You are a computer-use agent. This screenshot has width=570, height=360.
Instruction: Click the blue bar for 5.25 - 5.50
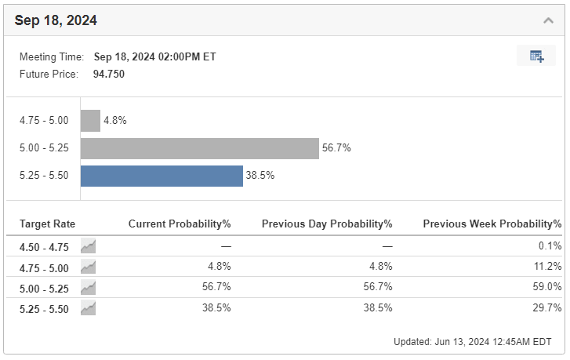(162, 176)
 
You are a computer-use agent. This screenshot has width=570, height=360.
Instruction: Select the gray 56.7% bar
(200, 148)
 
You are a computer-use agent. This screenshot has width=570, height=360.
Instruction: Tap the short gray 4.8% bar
(90, 121)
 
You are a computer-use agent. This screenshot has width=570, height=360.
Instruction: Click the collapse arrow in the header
(548, 20)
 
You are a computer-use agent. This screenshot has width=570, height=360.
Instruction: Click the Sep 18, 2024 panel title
(56, 20)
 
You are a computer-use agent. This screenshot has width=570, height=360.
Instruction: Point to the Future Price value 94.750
(109, 75)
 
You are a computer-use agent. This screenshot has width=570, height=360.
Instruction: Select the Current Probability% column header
(180, 224)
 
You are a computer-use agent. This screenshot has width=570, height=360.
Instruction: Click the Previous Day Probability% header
(327, 224)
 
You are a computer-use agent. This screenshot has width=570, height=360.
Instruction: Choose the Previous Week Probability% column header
(492, 224)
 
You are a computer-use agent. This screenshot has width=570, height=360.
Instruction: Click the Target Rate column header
(47, 224)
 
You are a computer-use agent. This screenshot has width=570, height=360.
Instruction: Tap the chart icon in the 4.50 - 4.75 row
(88, 246)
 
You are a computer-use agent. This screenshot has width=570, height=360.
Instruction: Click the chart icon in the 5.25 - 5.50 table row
(88, 308)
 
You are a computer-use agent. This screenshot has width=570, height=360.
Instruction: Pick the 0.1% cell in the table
(550, 245)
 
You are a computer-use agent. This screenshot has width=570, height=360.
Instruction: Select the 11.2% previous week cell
(548, 266)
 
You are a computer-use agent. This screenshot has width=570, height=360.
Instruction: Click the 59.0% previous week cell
(547, 286)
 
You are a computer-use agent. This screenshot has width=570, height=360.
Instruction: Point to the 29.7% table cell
(547, 307)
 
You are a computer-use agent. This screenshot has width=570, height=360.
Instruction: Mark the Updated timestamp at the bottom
(473, 342)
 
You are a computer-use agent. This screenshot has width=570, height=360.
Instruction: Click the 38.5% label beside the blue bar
(260, 175)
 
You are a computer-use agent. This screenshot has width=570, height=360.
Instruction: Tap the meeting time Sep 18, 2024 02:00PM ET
(155, 57)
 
